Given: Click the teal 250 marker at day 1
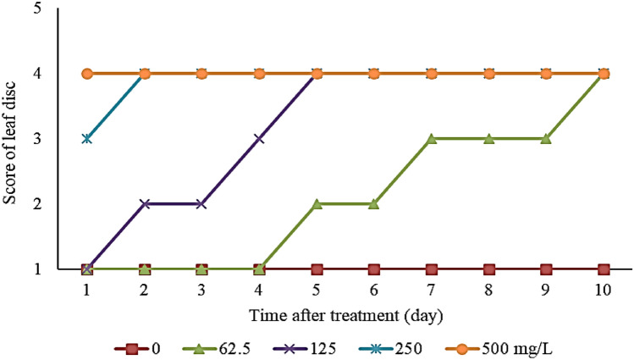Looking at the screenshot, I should point(87,138).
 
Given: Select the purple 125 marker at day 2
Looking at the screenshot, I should point(145,204).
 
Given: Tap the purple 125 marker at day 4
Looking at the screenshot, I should point(259,138).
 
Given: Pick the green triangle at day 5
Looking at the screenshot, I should point(317,204).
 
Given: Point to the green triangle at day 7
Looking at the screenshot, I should point(432,138).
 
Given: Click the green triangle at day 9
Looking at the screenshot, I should point(546,138).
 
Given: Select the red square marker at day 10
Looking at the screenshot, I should point(604,269).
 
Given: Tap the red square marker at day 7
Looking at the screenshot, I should point(432,269).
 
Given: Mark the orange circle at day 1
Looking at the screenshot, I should point(87,74).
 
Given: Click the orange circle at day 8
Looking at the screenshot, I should point(489,74).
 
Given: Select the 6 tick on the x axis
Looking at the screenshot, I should point(374,290).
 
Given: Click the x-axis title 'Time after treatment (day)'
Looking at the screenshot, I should point(345,313).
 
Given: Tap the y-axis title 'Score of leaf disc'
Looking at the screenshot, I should point(11,140).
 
